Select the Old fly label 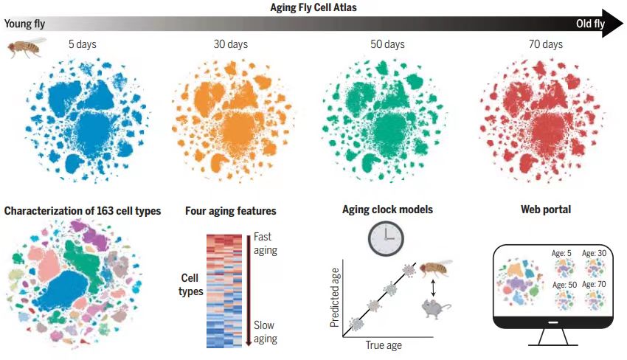[590, 24]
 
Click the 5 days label [82, 44]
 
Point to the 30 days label [231, 44]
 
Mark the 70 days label [546, 44]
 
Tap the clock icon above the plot [387, 239]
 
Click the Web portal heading [546, 210]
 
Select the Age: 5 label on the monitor [562, 253]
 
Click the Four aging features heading [231, 211]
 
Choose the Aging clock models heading [387, 210]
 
